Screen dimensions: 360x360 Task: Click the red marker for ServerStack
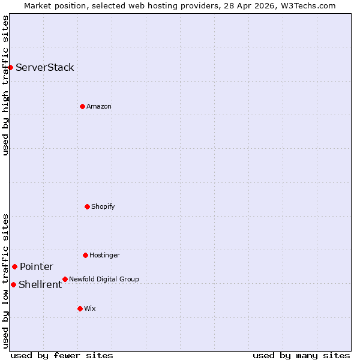click(x=11, y=67)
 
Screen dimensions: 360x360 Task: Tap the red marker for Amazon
click(x=82, y=106)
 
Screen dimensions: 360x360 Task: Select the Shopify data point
click(x=87, y=206)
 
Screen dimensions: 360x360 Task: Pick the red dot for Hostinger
click(x=85, y=255)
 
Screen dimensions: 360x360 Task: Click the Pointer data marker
click(x=14, y=266)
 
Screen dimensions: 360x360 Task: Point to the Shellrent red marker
click(x=13, y=284)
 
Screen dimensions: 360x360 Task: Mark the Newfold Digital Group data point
click(x=65, y=279)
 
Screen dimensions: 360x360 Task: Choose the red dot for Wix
click(x=80, y=308)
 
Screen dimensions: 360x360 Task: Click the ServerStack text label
click(x=45, y=67)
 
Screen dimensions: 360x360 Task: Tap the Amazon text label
click(x=99, y=106)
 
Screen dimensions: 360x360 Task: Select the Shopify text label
click(x=103, y=206)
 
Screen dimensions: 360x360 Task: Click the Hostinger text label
click(x=105, y=255)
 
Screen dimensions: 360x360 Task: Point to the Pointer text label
click(x=37, y=266)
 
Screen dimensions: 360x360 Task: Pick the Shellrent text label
click(x=40, y=284)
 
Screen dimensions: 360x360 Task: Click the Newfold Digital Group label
click(x=104, y=279)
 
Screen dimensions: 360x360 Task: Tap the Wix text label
click(x=90, y=308)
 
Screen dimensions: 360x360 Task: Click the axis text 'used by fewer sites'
click(x=62, y=355)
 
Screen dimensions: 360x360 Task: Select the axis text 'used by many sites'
click(x=301, y=355)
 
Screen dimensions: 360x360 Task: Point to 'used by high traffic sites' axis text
click(x=5, y=85)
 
